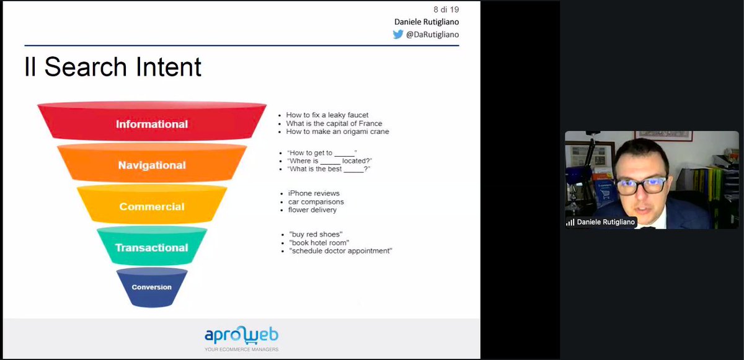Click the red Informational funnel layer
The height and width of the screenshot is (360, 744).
click(x=151, y=124)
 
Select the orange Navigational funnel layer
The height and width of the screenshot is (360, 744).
click(x=151, y=165)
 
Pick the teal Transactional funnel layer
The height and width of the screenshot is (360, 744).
click(x=151, y=247)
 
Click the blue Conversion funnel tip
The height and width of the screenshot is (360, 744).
click(x=151, y=288)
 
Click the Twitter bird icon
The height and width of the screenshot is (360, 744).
click(x=398, y=35)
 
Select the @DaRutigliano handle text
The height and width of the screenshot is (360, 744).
click(x=433, y=35)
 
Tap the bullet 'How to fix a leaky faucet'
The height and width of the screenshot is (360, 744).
click(x=327, y=115)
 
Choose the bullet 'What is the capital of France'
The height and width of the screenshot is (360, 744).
click(x=334, y=123)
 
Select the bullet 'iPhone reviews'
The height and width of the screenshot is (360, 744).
click(x=314, y=193)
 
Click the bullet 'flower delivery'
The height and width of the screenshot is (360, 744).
click(x=312, y=210)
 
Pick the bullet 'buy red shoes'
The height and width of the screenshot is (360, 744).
click(x=316, y=234)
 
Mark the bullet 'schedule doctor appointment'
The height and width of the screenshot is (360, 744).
click(x=340, y=251)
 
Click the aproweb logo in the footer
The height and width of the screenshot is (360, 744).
click(x=241, y=335)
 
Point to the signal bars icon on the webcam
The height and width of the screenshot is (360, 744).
click(x=570, y=222)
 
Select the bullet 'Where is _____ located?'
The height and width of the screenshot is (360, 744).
click(x=329, y=160)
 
